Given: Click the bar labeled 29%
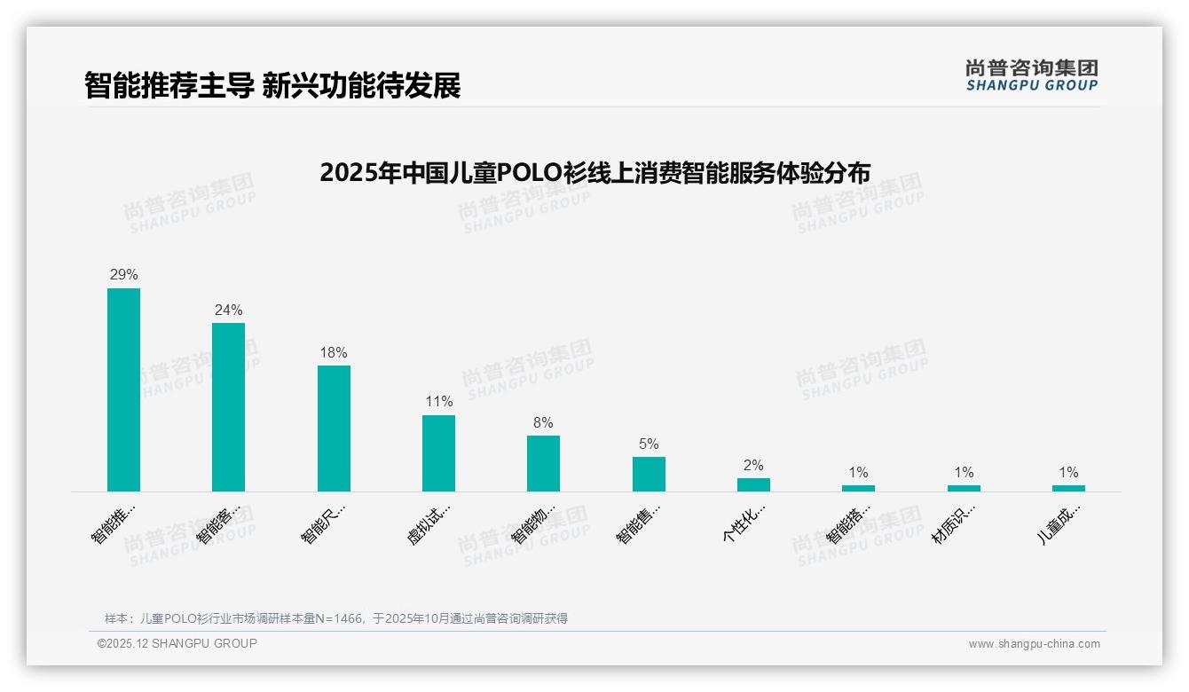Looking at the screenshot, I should [x=123, y=389].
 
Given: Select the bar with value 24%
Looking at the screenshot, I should [x=228, y=407].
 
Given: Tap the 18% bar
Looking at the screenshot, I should [x=334, y=429].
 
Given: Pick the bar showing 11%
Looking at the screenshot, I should [x=438, y=453].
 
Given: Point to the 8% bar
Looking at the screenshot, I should [x=543, y=463].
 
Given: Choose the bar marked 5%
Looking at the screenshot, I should [x=649, y=474].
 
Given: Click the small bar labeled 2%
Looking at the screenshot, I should [x=753, y=484].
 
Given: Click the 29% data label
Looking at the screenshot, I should [x=123, y=275].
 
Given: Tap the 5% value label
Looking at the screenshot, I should [x=649, y=444].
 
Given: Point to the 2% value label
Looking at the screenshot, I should [x=753, y=466].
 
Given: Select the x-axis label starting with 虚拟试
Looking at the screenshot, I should [x=429, y=524].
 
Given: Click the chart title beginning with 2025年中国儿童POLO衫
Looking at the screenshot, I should [x=594, y=172].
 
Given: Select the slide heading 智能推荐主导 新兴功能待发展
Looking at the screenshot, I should [x=272, y=86].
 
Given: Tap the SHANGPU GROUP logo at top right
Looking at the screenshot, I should [x=1031, y=75].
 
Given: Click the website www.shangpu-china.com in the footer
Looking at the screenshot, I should [x=1034, y=644].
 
